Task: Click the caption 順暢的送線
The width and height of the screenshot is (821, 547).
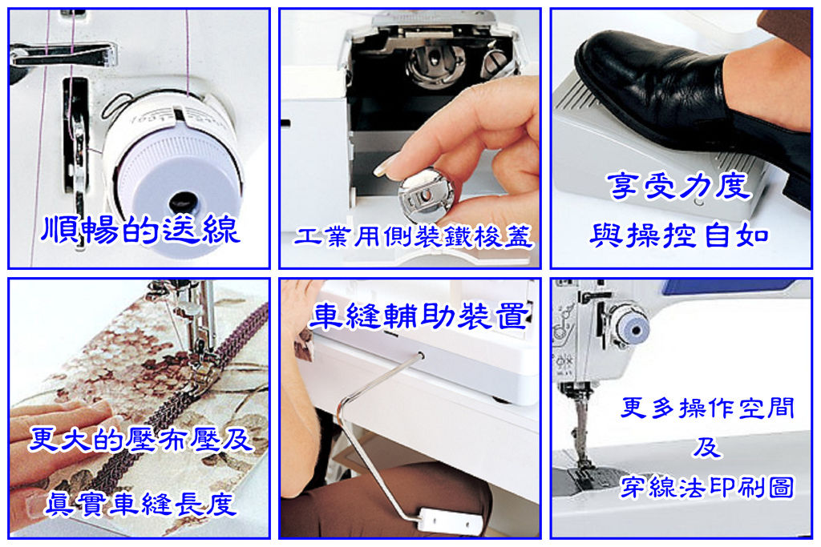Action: (x=140, y=230)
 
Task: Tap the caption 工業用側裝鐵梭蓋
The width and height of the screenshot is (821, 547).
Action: (x=413, y=237)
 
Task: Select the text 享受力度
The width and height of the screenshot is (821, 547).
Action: (x=679, y=186)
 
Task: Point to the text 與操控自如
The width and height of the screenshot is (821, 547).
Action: (x=679, y=235)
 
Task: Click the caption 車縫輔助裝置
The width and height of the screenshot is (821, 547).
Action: (x=419, y=316)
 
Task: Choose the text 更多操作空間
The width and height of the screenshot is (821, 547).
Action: (x=707, y=408)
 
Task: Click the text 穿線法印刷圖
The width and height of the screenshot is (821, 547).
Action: (x=707, y=488)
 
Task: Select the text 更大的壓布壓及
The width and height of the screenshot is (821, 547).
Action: (x=140, y=439)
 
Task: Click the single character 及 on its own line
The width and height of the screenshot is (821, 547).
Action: (x=707, y=448)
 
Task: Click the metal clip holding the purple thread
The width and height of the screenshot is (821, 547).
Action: (x=63, y=54)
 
